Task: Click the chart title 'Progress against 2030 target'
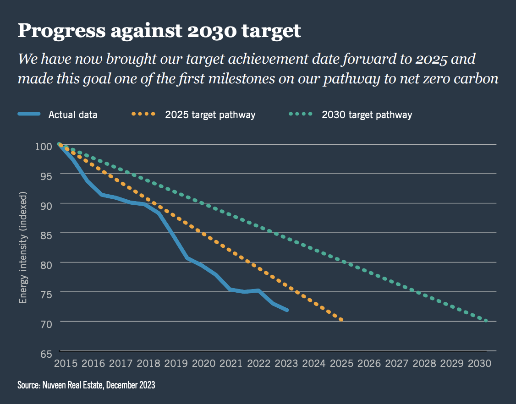coord(159,31)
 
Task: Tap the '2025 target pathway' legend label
coord(210,115)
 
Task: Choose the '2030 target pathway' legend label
coord(367,115)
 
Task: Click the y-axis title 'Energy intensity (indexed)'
coord(23,247)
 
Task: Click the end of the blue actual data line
coord(287,310)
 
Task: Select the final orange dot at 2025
coord(341,320)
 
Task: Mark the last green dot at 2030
coord(486,321)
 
